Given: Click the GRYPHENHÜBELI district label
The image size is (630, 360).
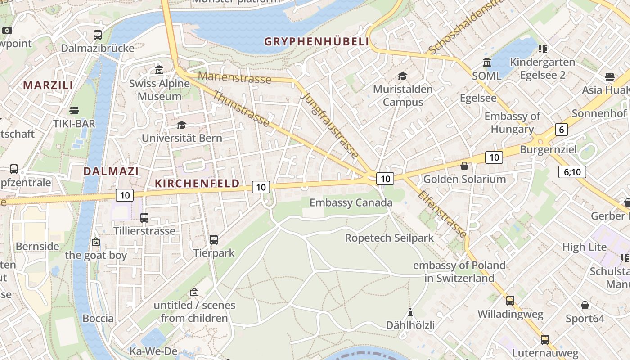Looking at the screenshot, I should (x=316, y=42).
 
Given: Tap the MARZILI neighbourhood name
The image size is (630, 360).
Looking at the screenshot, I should (x=48, y=85).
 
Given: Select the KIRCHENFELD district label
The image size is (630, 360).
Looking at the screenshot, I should (x=197, y=183).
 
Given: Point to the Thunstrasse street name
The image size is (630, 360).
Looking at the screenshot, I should (x=241, y=109).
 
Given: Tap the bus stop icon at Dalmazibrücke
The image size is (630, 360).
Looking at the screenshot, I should (x=98, y=35).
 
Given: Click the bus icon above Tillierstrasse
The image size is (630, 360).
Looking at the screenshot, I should (x=144, y=218).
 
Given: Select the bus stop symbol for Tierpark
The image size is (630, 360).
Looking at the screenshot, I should (x=214, y=240).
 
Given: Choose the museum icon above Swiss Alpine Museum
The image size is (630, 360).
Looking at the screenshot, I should (x=159, y=70).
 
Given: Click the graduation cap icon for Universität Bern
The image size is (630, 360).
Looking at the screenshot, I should (x=181, y=125).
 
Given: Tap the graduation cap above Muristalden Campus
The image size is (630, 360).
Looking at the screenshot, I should (x=402, y=76).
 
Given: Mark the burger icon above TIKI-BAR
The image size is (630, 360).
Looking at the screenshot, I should (x=74, y=110).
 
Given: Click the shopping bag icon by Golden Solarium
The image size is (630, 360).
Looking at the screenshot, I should (x=464, y=166).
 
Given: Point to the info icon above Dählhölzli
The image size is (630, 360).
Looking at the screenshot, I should (x=410, y=311).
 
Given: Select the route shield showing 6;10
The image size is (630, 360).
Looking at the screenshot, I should (x=572, y=171).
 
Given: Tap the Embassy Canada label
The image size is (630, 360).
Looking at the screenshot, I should (x=351, y=202).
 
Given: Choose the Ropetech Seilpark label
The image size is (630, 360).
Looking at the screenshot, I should (x=389, y=238).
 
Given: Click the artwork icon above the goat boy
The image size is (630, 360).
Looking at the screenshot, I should (x=95, y=242).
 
